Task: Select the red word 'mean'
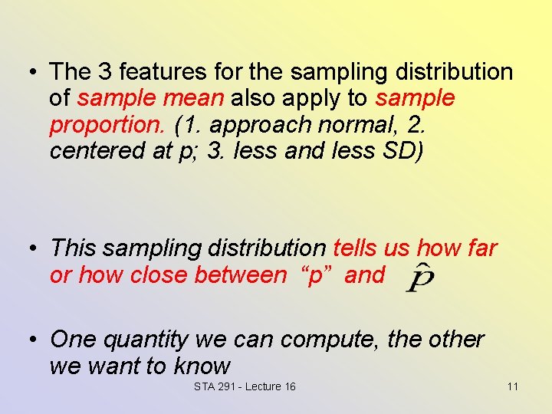point(199,98)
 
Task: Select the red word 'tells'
point(358,248)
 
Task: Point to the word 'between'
point(240,274)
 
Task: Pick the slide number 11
point(512,386)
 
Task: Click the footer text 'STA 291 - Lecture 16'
point(245,386)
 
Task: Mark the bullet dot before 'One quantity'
point(33,340)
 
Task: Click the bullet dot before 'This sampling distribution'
point(33,249)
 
